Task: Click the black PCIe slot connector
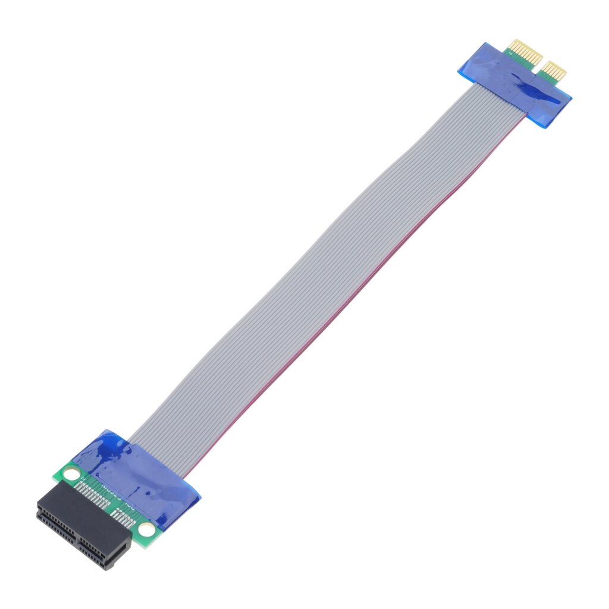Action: click(83, 527)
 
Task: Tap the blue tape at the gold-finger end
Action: click(515, 86)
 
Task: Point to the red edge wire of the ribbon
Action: click(357, 297)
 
